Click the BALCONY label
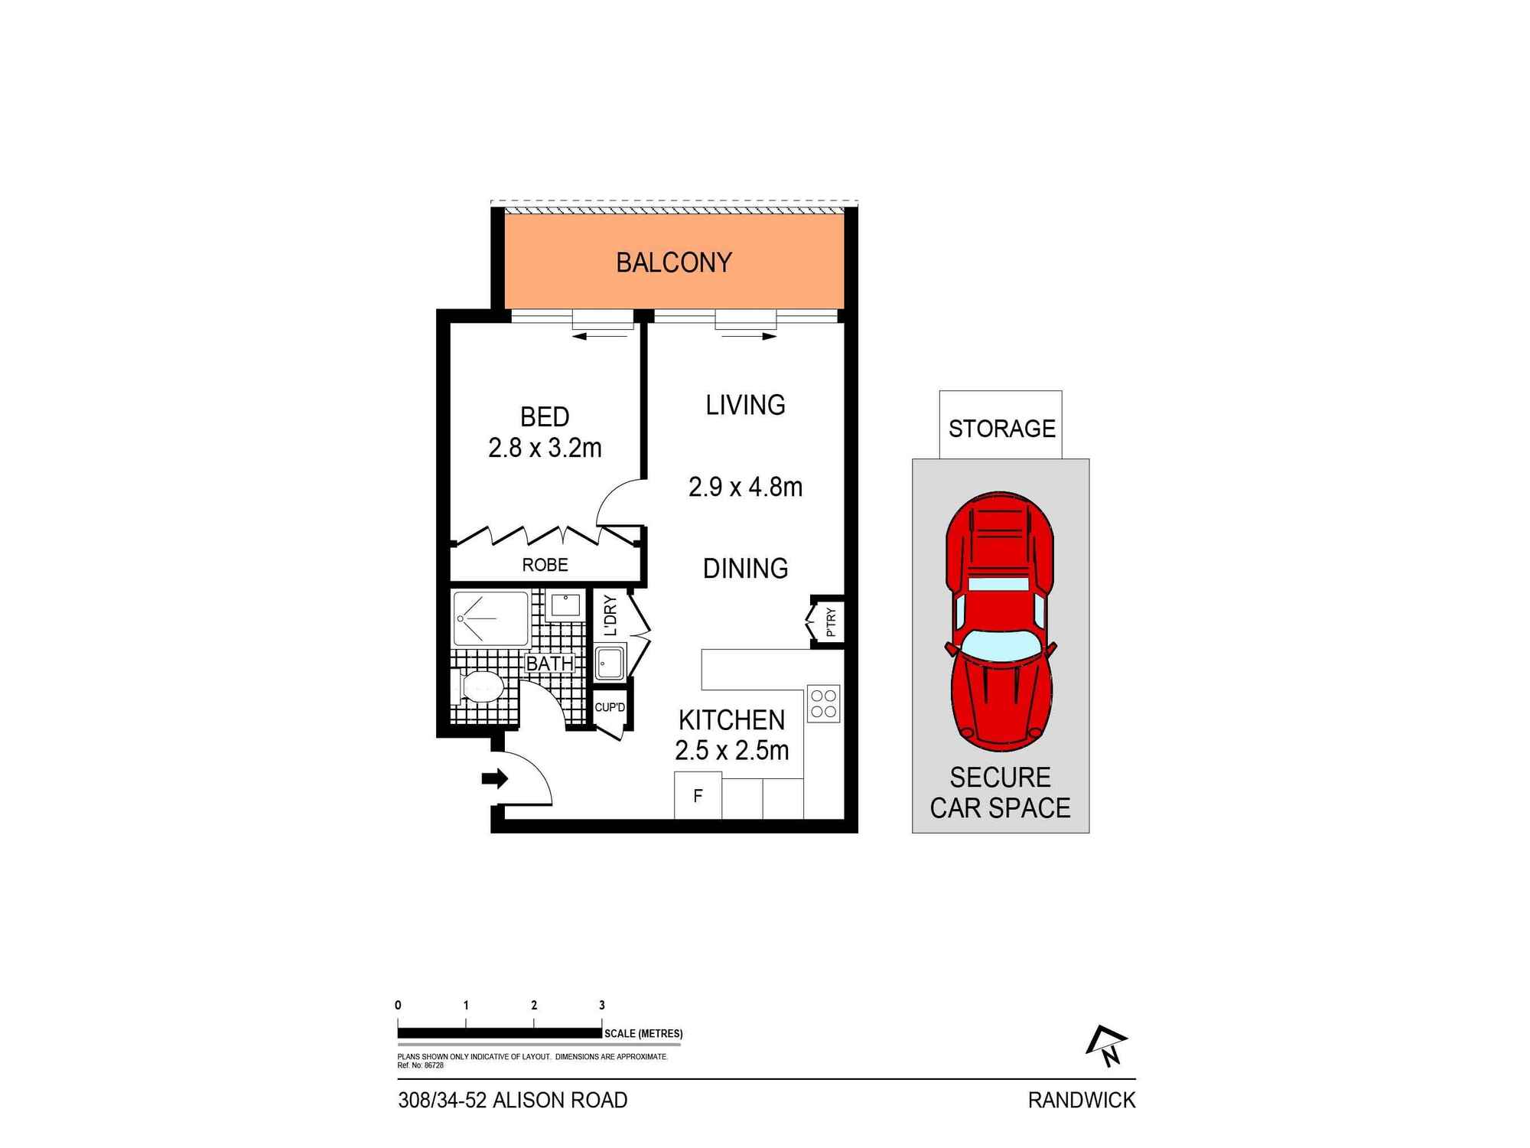[x=673, y=263]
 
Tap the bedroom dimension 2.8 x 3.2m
[x=545, y=448]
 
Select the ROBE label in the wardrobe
[x=545, y=565]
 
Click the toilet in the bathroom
[x=480, y=687]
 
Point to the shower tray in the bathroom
[x=490, y=618]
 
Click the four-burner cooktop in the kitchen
[x=823, y=703]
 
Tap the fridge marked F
[x=698, y=796]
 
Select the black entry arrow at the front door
[x=495, y=779]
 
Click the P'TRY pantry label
[x=831, y=622]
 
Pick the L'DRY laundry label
[x=610, y=615]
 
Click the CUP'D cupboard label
[x=610, y=707]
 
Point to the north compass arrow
[x=1108, y=1046]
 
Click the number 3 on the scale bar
[x=602, y=1005]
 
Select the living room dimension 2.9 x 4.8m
[x=745, y=487]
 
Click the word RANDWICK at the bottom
[x=1081, y=1100]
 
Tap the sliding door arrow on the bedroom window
[x=589, y=336]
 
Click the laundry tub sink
[x=610, y=662]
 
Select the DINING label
[x=745, y=568]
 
